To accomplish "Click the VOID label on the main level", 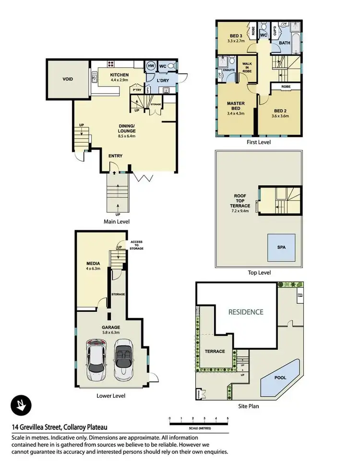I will (x=68, y=79).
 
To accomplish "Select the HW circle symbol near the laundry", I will (x=150, y=66).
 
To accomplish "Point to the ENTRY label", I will (x=115, y=156).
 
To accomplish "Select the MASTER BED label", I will (x=236, y=106).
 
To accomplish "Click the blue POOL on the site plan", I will (x=280, y=378).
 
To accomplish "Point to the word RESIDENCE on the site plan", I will (x=245, y=312).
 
